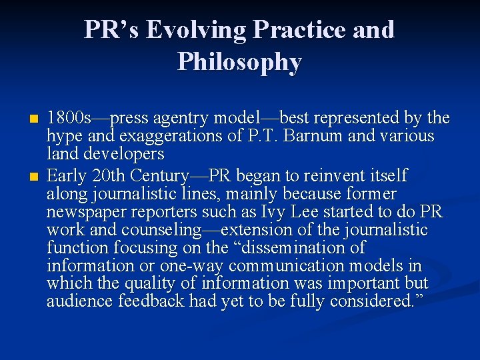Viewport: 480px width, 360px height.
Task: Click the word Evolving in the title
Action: [199, 30]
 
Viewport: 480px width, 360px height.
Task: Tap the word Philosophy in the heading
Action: [239, 62]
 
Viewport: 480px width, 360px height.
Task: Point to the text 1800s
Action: [69, 119]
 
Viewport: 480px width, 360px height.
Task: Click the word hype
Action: [62, 137]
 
